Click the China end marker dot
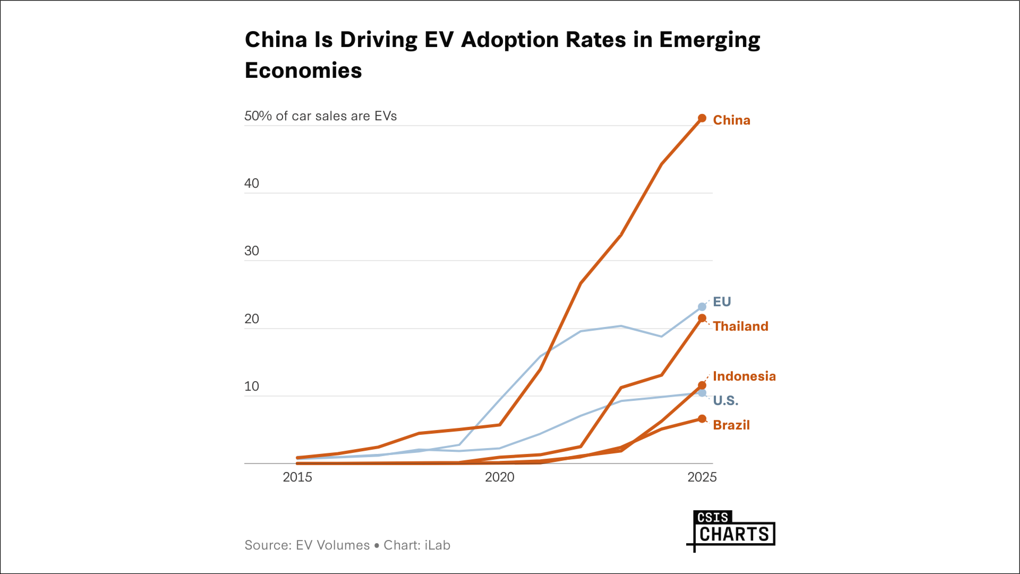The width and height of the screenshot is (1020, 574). click(702, 118)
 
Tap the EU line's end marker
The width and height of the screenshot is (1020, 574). click(702, 307)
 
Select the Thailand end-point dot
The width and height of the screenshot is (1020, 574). click(702, 318)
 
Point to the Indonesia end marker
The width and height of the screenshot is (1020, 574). click(702, 385)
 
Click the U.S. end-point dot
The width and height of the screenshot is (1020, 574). click(702, 393)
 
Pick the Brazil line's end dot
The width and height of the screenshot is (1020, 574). click(702, 419)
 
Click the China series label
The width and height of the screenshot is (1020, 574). click(731, 120)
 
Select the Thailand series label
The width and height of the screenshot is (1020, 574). click(740, 326)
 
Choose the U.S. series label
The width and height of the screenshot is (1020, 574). click(725, 401)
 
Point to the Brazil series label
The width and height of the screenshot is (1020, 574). click(731, 425)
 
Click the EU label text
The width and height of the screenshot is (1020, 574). click(722, 301)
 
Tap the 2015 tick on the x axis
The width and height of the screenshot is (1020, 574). click(297, 477)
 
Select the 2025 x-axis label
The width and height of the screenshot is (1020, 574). click(702, 477)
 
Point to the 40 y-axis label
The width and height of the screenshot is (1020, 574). click(251, 184)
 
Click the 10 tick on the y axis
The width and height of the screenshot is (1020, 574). click(251, 386)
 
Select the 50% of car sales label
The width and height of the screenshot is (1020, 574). click(320, 116)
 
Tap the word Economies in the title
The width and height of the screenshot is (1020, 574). click(303, 70)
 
